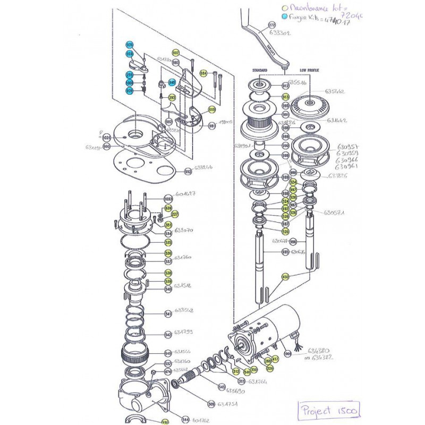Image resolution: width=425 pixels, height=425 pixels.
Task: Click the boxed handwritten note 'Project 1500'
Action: tap(329, 411)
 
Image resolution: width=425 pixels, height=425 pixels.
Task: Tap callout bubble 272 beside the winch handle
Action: tap(272, 25)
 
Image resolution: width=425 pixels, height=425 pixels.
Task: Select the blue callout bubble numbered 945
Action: tap(172, 82)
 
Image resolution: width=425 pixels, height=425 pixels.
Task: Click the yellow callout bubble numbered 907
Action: tap(176, 53)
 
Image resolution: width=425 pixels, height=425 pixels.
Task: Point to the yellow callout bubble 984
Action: tap(203, 73)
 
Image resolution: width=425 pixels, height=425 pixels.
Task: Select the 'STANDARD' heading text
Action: tap(260, 70)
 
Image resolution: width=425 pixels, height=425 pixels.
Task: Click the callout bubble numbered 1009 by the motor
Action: tap(287, 353)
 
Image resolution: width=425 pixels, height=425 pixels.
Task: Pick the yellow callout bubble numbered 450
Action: tap(285, 276)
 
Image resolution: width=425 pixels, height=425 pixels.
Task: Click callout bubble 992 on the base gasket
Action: tap(187, 172)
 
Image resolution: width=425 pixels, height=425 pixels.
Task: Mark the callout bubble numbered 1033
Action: tap(168, 197)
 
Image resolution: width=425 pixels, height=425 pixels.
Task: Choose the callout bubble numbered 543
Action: tap(168, 353)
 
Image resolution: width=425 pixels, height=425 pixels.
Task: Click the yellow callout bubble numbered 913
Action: tap(285, 97)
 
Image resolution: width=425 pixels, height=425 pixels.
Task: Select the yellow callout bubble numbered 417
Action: tap(275, 360)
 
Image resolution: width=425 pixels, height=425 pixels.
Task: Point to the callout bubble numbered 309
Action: tap(211, 404)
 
